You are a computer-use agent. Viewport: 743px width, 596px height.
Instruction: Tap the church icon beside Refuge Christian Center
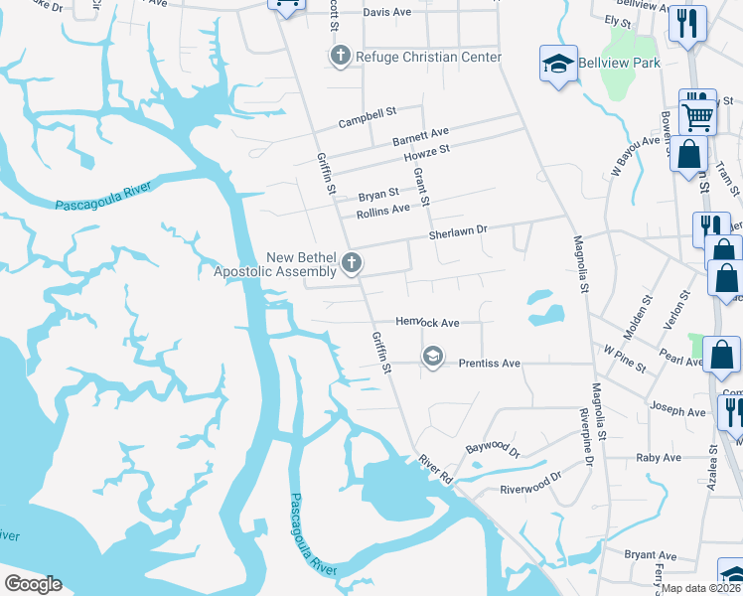pos(339,56)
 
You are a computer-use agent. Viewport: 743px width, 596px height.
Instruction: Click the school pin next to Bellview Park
pos(559,65)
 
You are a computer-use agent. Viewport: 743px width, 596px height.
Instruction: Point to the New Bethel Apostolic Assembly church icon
pos(351,263)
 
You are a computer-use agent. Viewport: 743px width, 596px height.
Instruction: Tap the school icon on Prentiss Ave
pos(432,356)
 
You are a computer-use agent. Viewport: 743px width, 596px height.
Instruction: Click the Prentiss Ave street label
pos(490,364)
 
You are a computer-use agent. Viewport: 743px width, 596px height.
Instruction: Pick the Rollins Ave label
pos(383,211)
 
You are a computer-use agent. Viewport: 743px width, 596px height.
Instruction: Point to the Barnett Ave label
pos(420,135)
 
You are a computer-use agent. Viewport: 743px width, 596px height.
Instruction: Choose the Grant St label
pos(421,187)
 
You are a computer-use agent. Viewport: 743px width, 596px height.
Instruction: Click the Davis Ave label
pos(387,12)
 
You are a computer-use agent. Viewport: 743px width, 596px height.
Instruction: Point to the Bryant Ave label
pos(651,555)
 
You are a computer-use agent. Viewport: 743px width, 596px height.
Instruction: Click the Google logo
pos(33,583)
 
